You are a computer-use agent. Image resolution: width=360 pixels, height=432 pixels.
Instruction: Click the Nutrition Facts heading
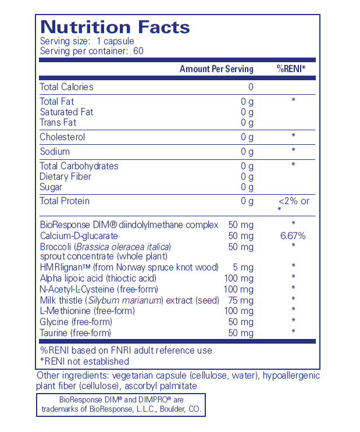click(115, 27)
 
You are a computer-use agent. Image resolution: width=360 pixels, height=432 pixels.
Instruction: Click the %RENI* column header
click(291, 69)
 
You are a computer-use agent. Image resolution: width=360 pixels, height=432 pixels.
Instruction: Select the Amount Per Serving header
click(216, 69)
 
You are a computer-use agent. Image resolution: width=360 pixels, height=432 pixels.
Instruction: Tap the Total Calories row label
click(66, 87)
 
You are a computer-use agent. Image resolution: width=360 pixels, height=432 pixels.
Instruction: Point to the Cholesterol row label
click(62, 137)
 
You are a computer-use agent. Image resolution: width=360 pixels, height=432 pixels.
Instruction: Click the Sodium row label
click(55, 152)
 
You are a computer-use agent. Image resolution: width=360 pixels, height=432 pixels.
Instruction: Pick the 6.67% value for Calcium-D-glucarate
click(293, 236)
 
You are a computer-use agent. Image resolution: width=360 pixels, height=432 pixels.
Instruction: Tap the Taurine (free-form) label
click(75, 333)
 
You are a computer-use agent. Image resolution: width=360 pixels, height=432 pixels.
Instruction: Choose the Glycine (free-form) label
click(75, 322)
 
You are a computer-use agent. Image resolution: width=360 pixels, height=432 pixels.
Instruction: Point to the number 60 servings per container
click(138, 51)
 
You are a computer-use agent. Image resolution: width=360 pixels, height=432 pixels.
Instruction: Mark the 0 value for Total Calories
click(251, 87)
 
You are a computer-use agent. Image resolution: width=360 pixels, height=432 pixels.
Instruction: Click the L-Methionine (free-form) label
click(87, 311)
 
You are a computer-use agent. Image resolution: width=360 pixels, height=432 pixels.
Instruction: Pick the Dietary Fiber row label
click(65, 177)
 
